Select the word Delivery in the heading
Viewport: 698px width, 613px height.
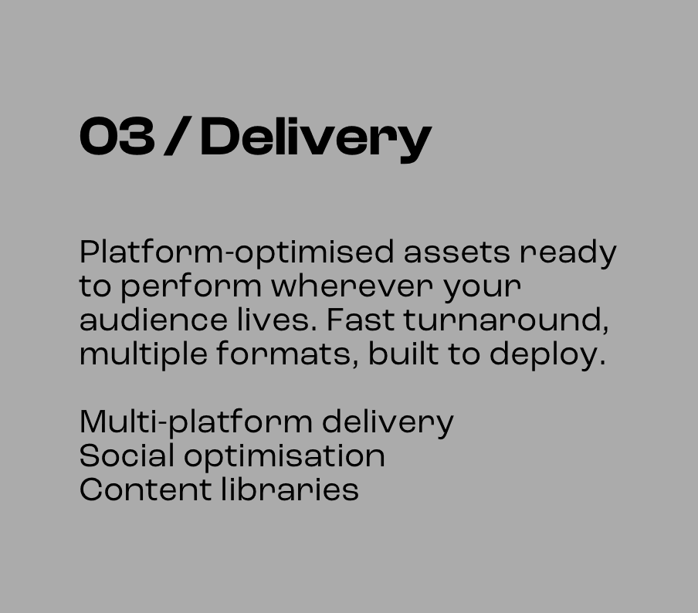click(315, 138)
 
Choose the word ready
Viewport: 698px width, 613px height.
click(568, 253)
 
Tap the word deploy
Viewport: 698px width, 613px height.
click(547, 355)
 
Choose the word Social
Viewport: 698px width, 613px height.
click(127, 456)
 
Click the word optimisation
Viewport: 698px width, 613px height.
click(284, 456)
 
